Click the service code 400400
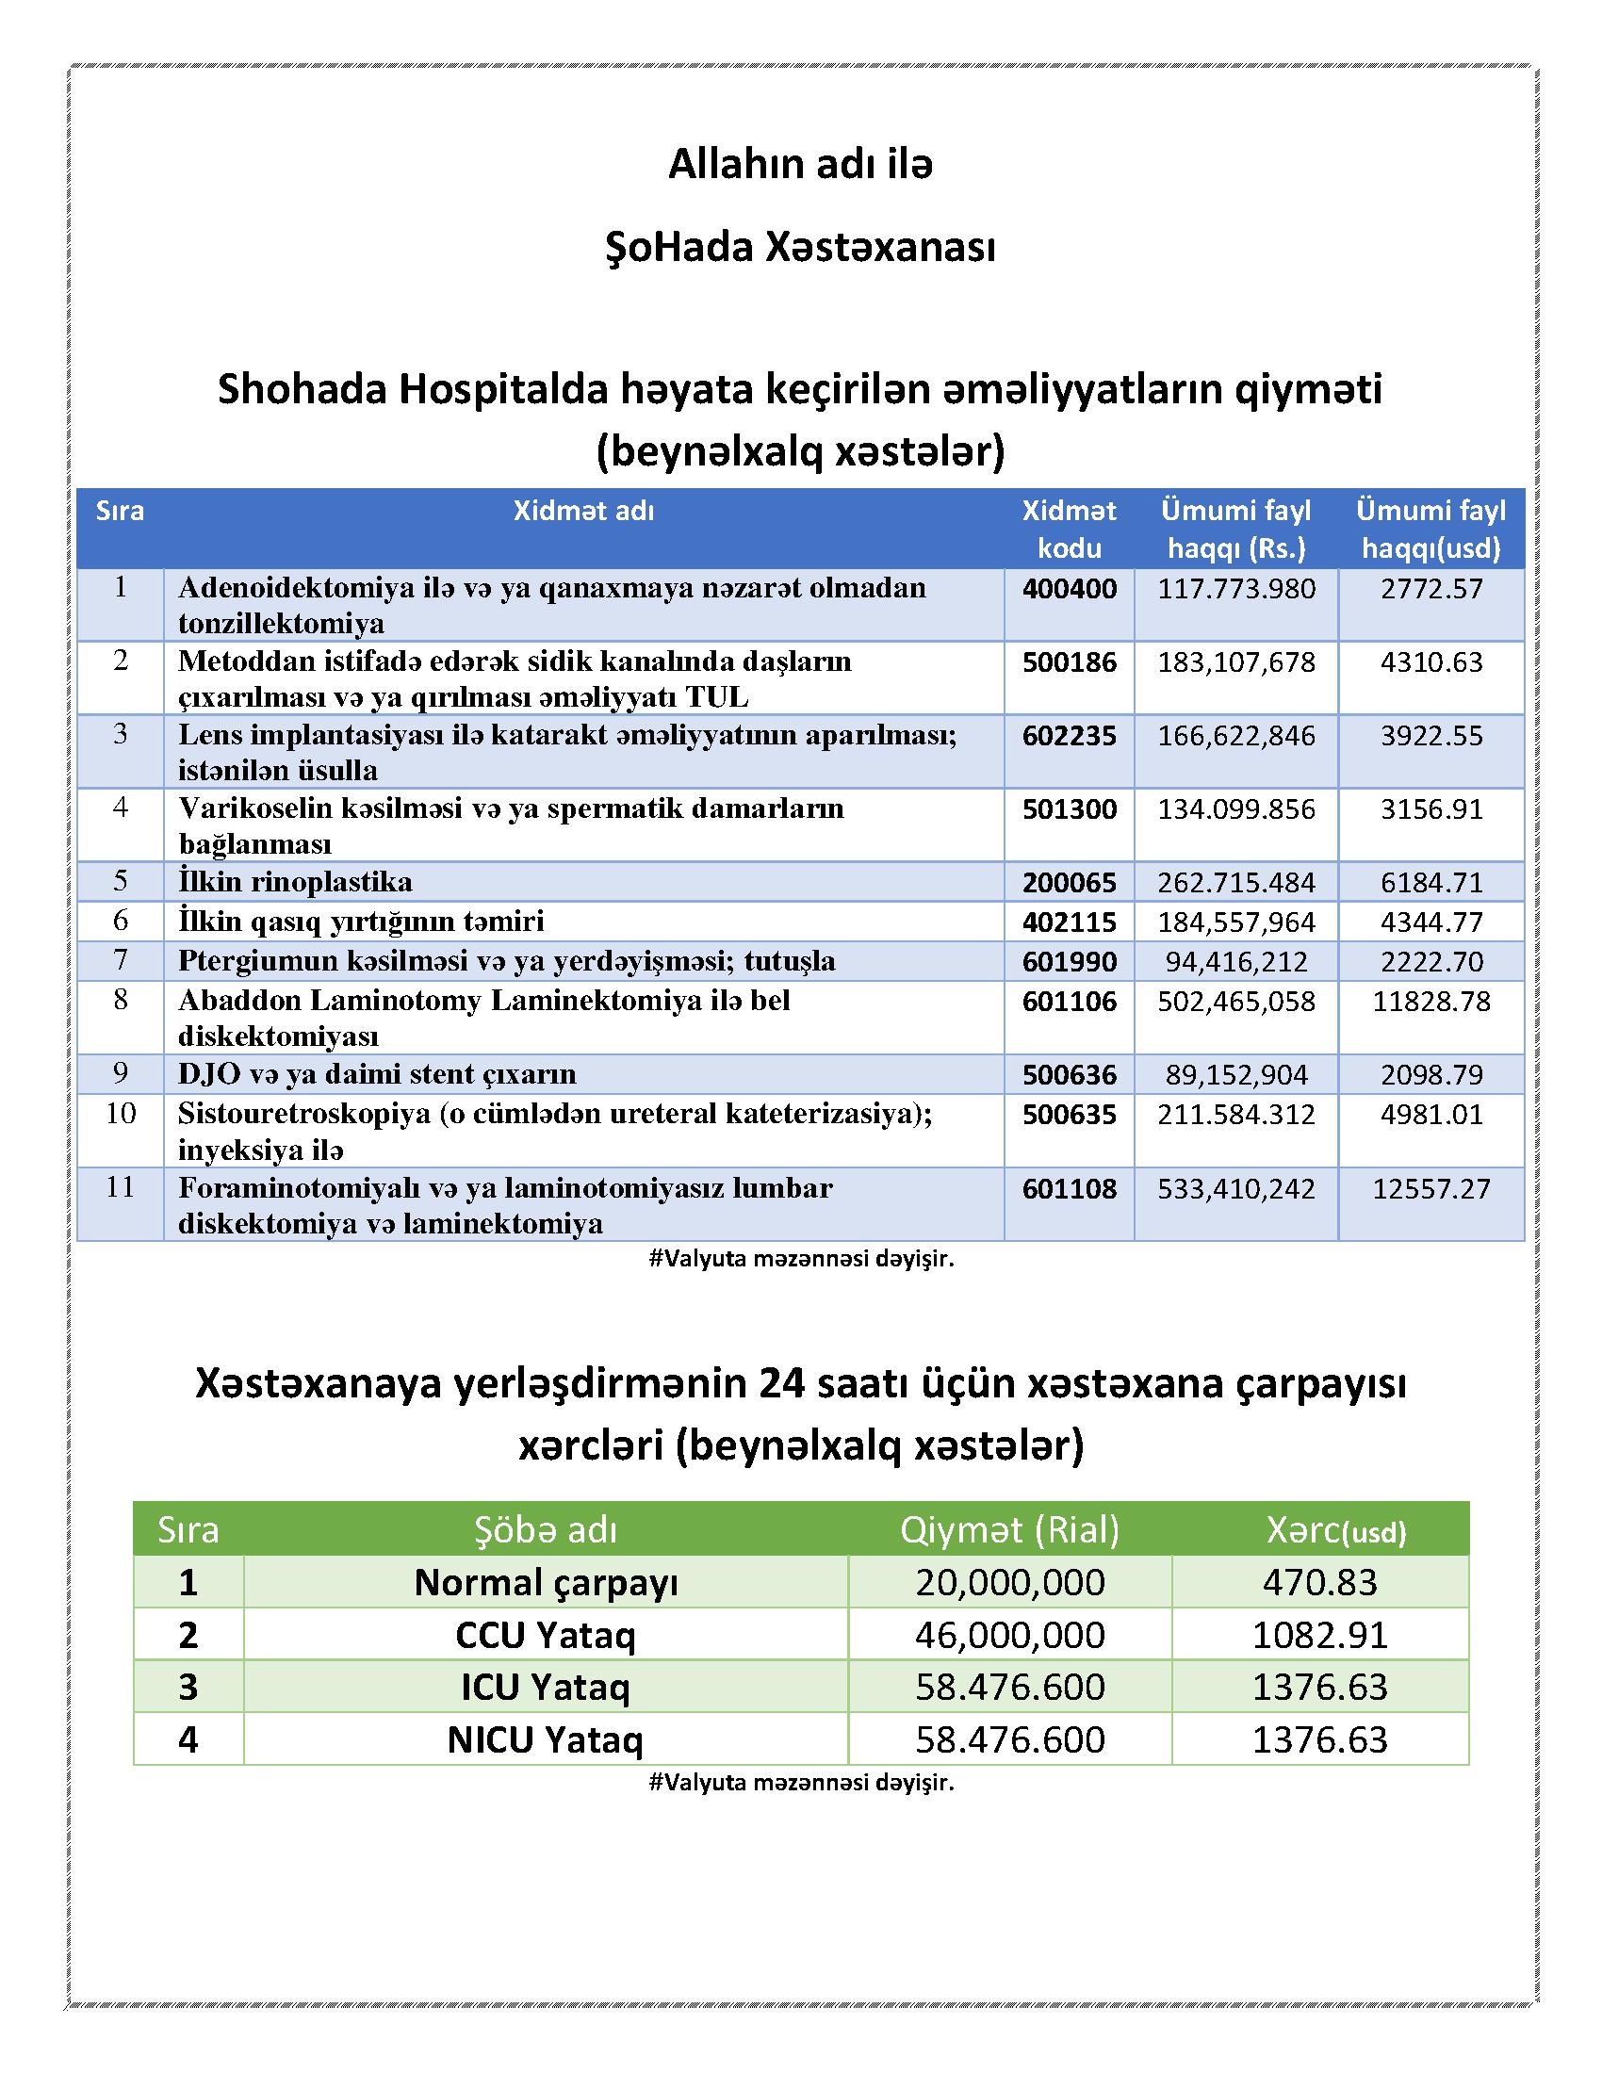(x=1069, y=590)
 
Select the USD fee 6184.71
(x=1430, y=883)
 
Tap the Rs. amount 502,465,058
(x=1235, y=1002)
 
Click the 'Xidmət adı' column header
(x=583, y=512)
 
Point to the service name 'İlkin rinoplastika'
(x=295, y=882)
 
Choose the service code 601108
(x=1069, y=1188)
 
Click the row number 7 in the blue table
(x=121, y=959)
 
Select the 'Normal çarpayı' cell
(x=546, y=1582)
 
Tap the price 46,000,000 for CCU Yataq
(x=1010, y=1635)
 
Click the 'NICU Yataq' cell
(x=546, y=1739)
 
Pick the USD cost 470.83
(x=1319, y=1582)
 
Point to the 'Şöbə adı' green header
(x=546, y=1529)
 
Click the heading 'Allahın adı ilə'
(x=800, y=165)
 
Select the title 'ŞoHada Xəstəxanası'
(x=800, y=248)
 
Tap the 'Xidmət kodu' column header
(x=1069, y=530)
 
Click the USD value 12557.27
(x=1430, y=1188)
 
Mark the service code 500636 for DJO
(x=1069, y=1074)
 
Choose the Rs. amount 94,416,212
(x=1235, y=961)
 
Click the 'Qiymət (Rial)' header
(x=1010, y=1529)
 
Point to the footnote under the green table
(x=800, y=1783)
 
